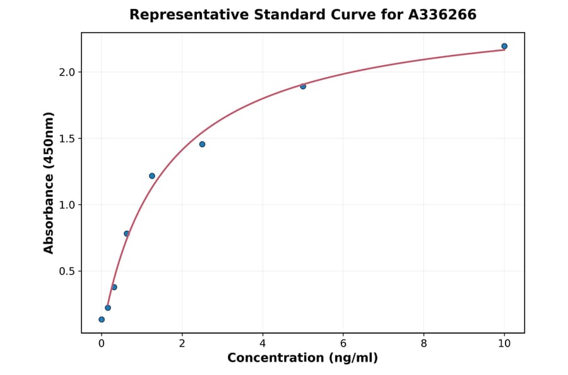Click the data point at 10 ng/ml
(504, 46)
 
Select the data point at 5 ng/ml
(303, 86)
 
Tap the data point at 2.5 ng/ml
(202, 144)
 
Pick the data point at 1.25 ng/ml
(152, 176)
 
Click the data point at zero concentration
(102, 319)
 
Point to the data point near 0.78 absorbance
(127, 234)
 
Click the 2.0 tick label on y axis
(67, 72)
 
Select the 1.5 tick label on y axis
(67, 138)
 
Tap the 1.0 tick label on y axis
(67, 205)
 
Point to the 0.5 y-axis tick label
(67, 271)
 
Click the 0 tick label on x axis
(102, 344)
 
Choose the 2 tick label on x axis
(182, 344)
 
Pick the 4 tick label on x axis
(263, 344)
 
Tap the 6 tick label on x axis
(343, 344)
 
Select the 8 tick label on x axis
(423, 344)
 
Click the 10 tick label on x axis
(504, 344)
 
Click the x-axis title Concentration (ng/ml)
(302, 358)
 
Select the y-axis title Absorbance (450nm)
(49, 182)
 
